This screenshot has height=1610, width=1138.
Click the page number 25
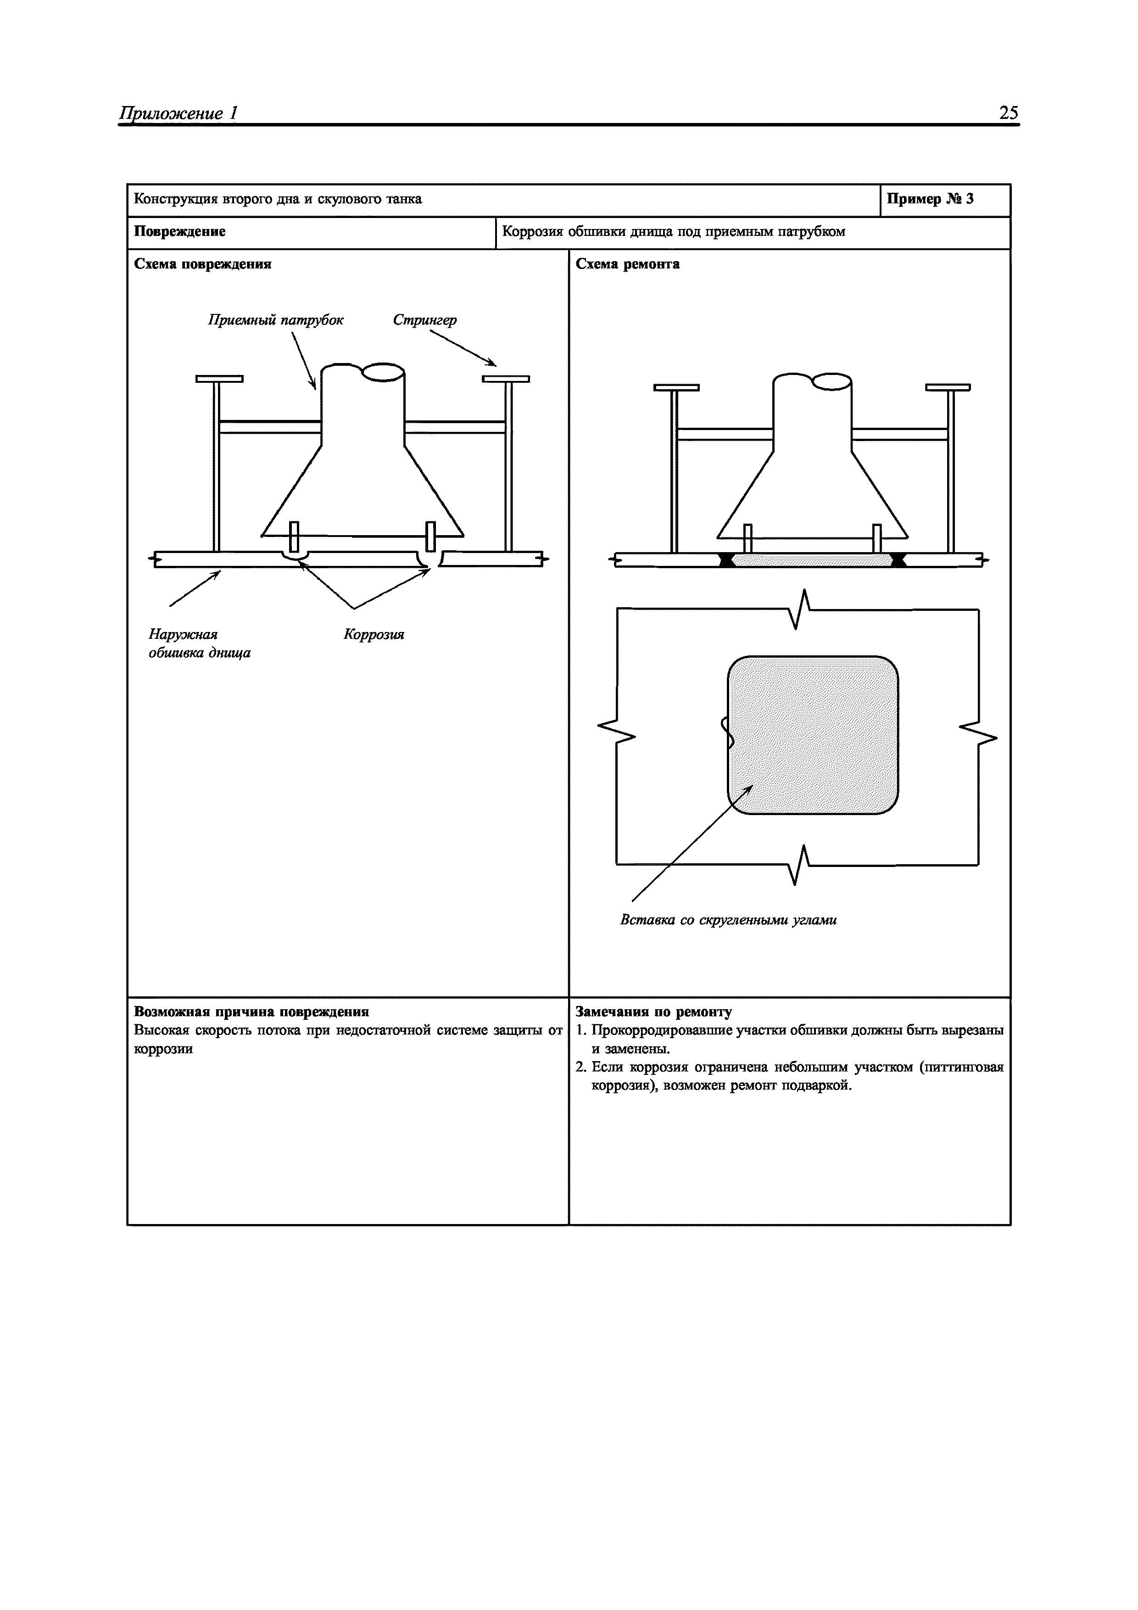click(x=1008, y=113)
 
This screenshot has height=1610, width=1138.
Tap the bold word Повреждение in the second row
click(x=179, y=231)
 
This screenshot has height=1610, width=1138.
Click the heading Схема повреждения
click(x=203, y=264)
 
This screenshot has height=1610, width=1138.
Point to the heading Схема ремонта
click(x=628, y=264)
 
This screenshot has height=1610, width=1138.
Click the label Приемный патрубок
click(x=276, y=320)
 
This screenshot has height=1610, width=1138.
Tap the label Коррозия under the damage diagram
click(x=374, y=635)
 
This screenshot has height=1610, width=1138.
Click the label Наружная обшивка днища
click(x=199, y=644)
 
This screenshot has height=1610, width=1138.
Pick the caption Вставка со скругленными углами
click(x=728, y=920)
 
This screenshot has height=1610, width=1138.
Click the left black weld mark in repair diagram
click(x=727, y=559)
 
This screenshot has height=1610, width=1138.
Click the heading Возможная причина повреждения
click(x=251, y=1012)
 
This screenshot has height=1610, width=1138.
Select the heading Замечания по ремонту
click(x=653, y=1012)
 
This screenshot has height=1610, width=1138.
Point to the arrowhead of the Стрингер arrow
click(x=494, y=364)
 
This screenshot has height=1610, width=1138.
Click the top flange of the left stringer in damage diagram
click(x=219, y=379)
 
